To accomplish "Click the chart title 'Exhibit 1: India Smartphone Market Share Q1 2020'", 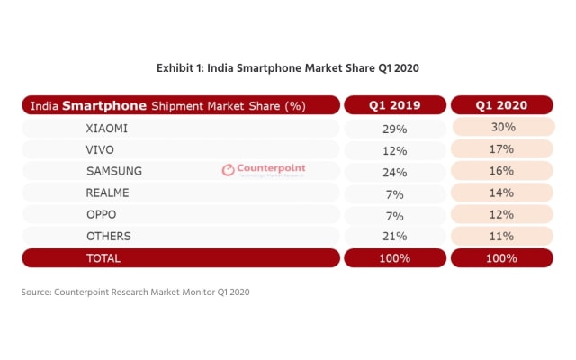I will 288,67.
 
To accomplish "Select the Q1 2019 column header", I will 394,105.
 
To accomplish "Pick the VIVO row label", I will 100,149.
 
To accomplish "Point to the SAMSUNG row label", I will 113,171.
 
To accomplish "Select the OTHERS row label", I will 109,236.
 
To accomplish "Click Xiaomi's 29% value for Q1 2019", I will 394,129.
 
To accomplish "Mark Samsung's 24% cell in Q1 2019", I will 394,172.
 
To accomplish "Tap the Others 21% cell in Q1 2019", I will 394,237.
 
